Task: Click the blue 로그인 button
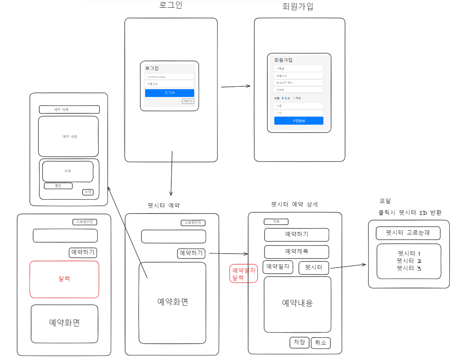point(169,93)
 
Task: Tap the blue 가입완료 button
point(298,121)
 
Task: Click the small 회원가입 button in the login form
point(188,101)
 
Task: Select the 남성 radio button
point(283,98)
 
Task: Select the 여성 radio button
point(294,98)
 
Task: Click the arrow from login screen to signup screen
point(235,86)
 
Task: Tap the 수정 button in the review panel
point(88,192)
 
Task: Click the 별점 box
point(58,186)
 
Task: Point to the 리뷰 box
point(68,171)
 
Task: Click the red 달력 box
point(64,279)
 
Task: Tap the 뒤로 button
point(276,222)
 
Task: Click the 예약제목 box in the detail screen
point(296,252)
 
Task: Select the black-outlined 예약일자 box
point(278,267)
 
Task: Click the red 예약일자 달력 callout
point(244,274)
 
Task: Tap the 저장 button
point(299,343)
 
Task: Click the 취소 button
point(321,343)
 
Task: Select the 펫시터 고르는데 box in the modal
point(408,233)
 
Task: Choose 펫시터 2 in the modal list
point(409,261)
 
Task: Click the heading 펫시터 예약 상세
point(294,205)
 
